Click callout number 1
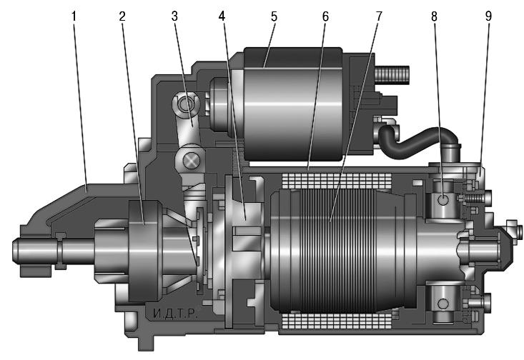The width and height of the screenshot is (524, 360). click(x=74, y=16)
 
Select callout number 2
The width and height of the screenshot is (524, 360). click(x=122, y=16)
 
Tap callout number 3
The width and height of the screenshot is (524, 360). click(x=174, y=16)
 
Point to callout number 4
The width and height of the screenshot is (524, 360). click(x=222, y=16)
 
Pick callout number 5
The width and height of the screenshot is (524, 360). click(x=274, y=16)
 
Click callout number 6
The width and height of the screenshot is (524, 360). click(x=325, y=16)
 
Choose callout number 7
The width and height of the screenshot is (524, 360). click(x=379, y=16)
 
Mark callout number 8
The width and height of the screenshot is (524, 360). click(x=434, y=16)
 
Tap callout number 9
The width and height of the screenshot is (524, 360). click(x=488, y=16)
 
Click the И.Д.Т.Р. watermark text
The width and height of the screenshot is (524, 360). click(x=176, y=314)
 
